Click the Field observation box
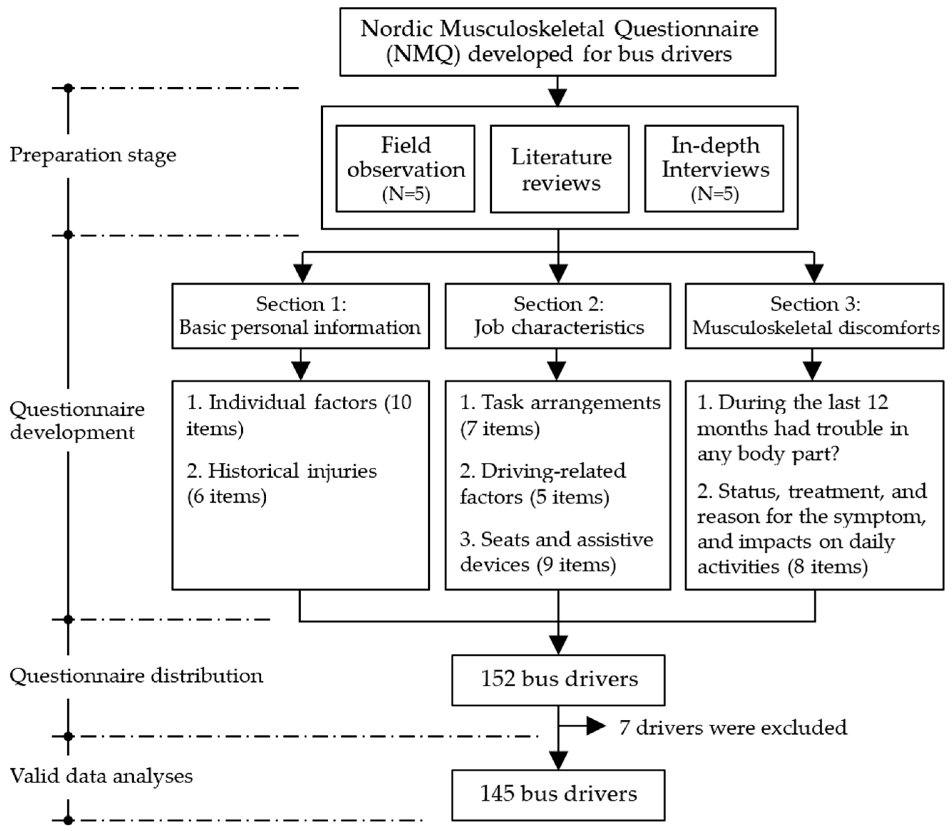tap(405, 168)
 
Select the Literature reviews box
tap(560, 169)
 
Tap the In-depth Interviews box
tap(714, 168)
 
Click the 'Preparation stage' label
tap(93, 155)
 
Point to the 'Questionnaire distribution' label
tap(136, 676)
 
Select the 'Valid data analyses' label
tap(101, 776)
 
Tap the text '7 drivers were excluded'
tap(733, 727)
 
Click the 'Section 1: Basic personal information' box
tap(301, 316)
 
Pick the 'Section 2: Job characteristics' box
tap(558, 316)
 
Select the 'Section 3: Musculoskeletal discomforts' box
tap(814, 316)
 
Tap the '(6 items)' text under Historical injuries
tap(227, 497)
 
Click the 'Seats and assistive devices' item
tap(557, 552)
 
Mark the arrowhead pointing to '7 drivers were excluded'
tap(596, 726)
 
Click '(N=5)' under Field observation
tap(406, 194)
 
